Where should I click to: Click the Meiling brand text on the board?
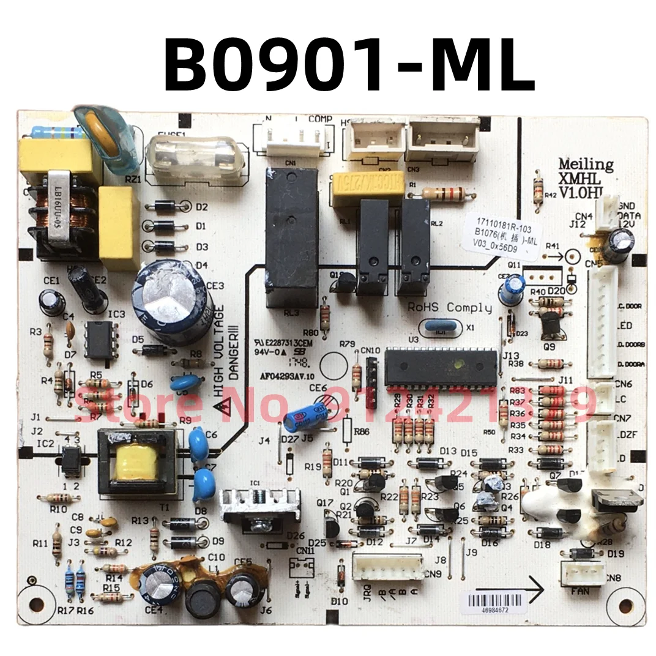pyautogui.click(x=585, y=164)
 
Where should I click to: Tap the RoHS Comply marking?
pyautogui.click(x=450, y=307)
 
